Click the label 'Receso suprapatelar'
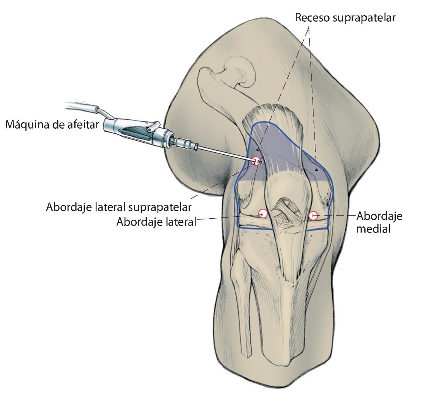pos(345,18)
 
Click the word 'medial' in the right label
pos(373,229)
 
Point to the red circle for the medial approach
pos(313,214)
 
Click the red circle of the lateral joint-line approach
pos(263,213)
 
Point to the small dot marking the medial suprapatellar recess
pos(316,169)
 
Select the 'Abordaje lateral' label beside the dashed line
pos(156,222)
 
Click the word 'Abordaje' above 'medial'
pos(379,216)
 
